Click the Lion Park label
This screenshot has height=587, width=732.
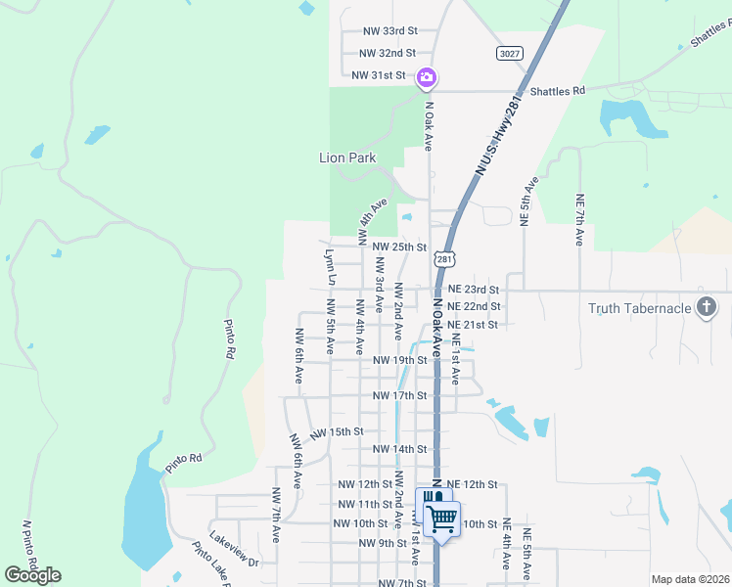tap(347, 158)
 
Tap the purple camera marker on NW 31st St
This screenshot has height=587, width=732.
tap(427, 77)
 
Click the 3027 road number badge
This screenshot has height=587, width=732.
tap(509, 53)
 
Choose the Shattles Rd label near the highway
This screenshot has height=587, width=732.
tap(557, 91)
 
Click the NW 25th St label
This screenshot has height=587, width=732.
tap(400, 248)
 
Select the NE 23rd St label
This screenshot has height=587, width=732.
tap(474, 290)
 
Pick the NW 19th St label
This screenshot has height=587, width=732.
tap(400, 360)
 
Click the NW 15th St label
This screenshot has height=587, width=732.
tap(337, 431)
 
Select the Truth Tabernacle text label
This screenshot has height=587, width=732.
tap(638, 309)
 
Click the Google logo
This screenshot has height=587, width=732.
tap(32, 575)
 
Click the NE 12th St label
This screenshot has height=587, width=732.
tap(474, 484)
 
